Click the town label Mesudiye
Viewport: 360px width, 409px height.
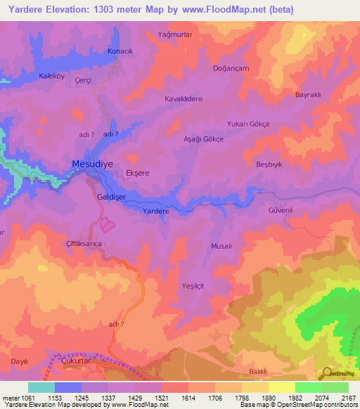91,164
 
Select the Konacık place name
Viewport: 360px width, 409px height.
119,52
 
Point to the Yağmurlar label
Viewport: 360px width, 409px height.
176,34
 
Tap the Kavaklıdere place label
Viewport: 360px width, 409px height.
184,99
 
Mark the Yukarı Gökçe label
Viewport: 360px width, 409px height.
247,124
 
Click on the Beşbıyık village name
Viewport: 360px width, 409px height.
271,164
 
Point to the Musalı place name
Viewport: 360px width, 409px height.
221,246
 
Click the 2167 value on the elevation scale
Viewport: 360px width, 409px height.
347,397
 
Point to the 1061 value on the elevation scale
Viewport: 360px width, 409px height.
23,397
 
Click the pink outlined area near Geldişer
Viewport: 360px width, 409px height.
107,226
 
